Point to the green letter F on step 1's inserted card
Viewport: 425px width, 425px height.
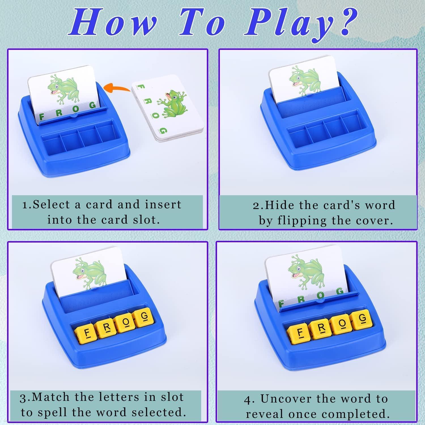(x=41, y=117)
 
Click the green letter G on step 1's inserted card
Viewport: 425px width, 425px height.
(x=93, y=105)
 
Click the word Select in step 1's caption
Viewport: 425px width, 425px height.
(x=51, y=205)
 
